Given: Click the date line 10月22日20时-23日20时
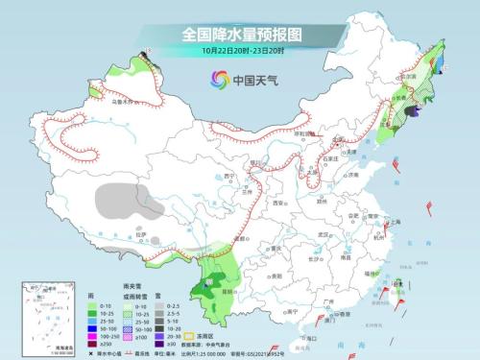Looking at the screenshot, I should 240,51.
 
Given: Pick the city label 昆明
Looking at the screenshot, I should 228,286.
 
